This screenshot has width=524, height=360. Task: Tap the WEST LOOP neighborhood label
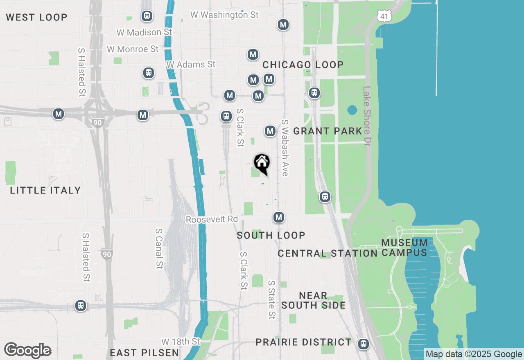[x=36, y=17]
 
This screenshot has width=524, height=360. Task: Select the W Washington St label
[x=224, y=15]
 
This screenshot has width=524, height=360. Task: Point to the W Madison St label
[x=144, y=32]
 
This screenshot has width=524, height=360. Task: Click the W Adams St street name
[x=191, y=64]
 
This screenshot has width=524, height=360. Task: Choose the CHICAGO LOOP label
[x=303, y=65]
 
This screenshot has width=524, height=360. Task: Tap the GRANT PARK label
[x=327, y=131]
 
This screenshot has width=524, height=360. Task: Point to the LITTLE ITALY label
[x=45, y=190]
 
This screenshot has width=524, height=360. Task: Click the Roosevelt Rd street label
[x=212, y=220]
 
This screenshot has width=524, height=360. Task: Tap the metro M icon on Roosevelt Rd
[x=279, y=217]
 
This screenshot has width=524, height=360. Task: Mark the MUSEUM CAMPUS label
[x=404, y=248]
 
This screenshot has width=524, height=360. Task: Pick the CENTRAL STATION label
[x=327, y=253]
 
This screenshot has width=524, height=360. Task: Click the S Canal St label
[x=159, y=248]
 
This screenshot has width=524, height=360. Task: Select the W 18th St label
[x=181, y=341]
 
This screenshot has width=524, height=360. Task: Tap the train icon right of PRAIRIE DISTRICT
[x=363, y=344]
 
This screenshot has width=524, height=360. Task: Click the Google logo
[x=28, y=351]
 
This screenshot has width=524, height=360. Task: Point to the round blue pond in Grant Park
[x=352, y=110]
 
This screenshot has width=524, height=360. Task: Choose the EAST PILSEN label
[x=144, y=353]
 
